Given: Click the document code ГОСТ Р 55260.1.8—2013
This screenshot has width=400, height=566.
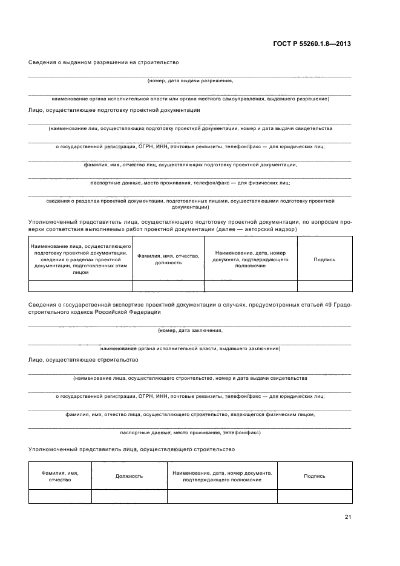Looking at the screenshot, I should [x=312, y=44].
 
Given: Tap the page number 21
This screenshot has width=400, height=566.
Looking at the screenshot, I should [x=347, y=516].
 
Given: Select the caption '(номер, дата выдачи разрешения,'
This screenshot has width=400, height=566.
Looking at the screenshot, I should [x=190, y=80].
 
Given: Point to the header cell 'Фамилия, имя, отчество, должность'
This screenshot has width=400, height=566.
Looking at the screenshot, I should [x=168, y=259].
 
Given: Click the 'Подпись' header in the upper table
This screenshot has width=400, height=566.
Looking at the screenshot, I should [x=324, y=259].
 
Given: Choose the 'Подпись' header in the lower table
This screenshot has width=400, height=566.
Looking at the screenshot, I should [x=315, y=476].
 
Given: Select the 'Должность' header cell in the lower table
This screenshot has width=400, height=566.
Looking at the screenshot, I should [x=129, y=476].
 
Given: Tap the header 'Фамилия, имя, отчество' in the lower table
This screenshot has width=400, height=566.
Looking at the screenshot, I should [x=60, y=476].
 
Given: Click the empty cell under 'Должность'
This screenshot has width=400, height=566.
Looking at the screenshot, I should [x=129, y=496].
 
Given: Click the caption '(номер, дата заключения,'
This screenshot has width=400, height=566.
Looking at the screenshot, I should [x=190, y=330].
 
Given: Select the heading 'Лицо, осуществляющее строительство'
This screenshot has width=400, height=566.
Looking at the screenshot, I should [x=84, y=360].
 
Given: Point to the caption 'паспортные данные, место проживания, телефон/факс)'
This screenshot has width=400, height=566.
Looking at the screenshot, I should [x=190, y=433].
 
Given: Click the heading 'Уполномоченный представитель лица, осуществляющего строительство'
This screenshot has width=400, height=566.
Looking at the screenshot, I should [x=131, y=450].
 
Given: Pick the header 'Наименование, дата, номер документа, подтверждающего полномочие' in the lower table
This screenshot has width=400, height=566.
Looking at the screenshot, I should [x=222, y=476].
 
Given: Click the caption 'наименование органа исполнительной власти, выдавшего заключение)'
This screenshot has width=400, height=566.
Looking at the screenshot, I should [x=190, y=349].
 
